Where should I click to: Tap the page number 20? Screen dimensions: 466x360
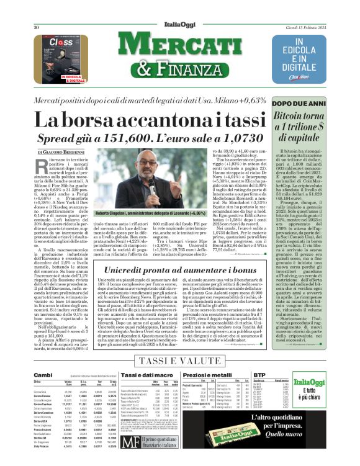coord(37,11)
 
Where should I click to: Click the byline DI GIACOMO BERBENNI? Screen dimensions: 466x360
coord(61,151)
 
